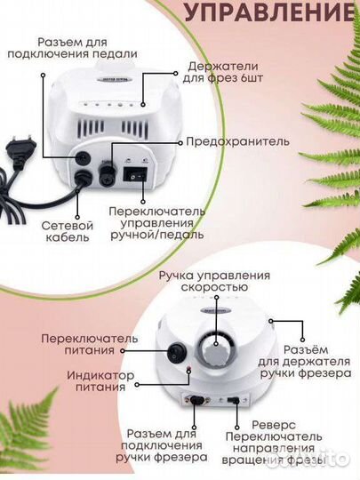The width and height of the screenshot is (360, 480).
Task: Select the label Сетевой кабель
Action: tap(68, 233)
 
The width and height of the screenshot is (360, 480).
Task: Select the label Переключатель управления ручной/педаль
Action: tap(157, 223)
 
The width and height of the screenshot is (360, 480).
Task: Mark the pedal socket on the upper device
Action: tap(84, 156)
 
